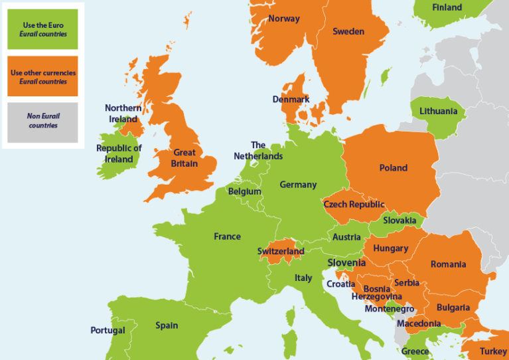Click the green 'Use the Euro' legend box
(42, 29)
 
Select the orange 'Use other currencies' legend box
(42, 76)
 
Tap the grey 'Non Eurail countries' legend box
(42, 121)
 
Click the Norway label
(284, 19)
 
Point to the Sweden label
(348, 31)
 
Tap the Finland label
(447, 8)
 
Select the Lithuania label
(438, 111)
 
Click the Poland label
(393, 168)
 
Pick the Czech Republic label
(354, 205)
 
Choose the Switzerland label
(281, 252)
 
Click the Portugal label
(108, 330)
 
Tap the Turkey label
(493, 351)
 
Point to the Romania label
(448, 264)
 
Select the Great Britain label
(184, 158)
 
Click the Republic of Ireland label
(119, 153)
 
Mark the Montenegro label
(390, 309)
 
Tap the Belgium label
(244, 191)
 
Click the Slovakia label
(400, 221)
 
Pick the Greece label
(415, 351)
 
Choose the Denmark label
(291, 100)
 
